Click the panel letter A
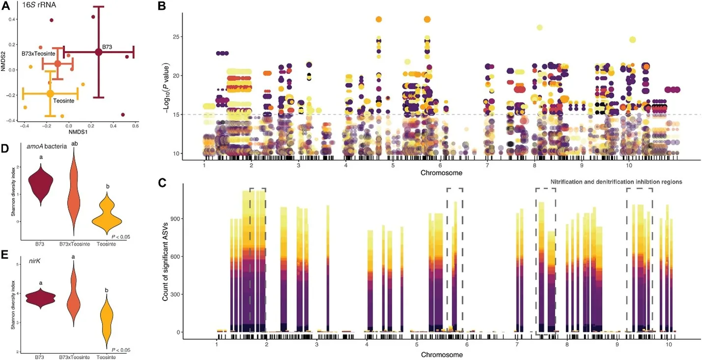6,6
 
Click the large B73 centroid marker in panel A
99,52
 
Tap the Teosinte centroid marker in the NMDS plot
50,93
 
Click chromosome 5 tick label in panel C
416,346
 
